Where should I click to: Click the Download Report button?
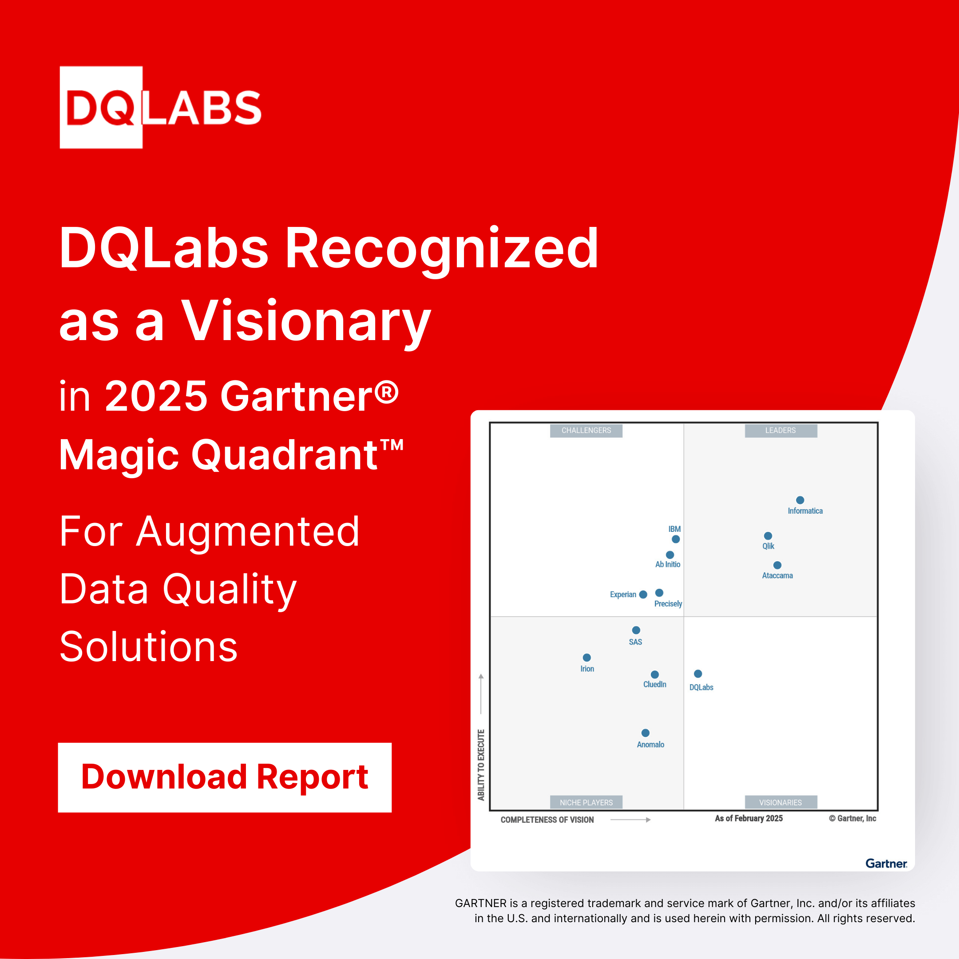(224, 777)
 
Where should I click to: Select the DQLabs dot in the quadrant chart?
(698, 674)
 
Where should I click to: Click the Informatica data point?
(800, 500)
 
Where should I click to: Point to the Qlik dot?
(768, 535)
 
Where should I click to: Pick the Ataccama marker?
(777, 565)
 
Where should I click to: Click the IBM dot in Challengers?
(676, 539)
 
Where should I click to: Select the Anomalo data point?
(645, 733)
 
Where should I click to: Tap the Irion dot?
(586, 657)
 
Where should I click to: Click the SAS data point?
(636, 630)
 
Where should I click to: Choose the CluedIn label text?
(655, 685)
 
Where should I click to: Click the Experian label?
(622, 594)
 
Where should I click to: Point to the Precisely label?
(668, 604)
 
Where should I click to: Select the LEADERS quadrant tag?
(781, 430)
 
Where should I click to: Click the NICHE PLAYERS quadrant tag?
(586, 803)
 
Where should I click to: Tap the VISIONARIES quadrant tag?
(781, 803)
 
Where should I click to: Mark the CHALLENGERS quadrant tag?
(586, 430)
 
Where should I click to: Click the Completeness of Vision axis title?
(547, 820)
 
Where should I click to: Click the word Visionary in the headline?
(305, 321)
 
